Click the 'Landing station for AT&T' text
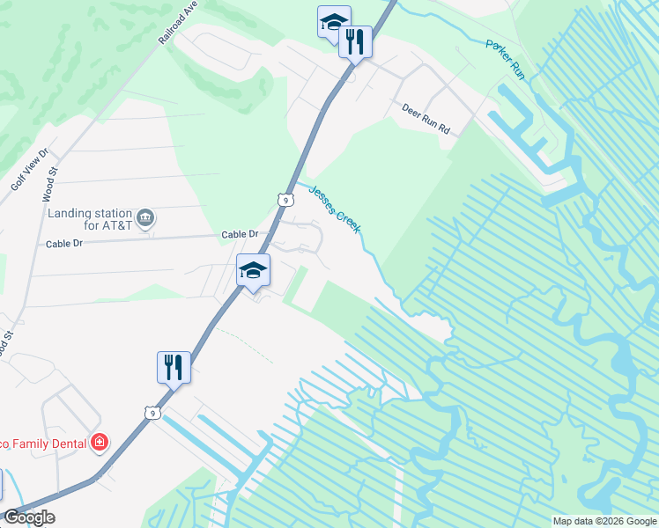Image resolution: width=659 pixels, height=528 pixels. (x=90, y=220)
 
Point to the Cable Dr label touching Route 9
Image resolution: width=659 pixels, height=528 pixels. (x=240, y=234)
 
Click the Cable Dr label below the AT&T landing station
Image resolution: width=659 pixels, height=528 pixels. (x=63, y=243)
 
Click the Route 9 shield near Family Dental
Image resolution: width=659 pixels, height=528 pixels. (x=152, y=412)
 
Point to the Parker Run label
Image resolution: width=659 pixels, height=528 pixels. (x=506, y=59)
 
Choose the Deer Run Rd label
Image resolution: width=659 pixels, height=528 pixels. (x=426, y=118)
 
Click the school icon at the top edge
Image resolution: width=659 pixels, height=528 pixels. (x=334, y=21)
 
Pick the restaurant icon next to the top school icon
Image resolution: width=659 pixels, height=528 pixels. (x=355, y=41)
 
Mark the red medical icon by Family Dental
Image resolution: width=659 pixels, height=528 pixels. (x=100, y=442)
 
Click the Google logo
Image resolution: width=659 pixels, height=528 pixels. (x=29, y=517)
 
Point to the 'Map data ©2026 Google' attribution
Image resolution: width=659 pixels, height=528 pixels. (x=603, y=521)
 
